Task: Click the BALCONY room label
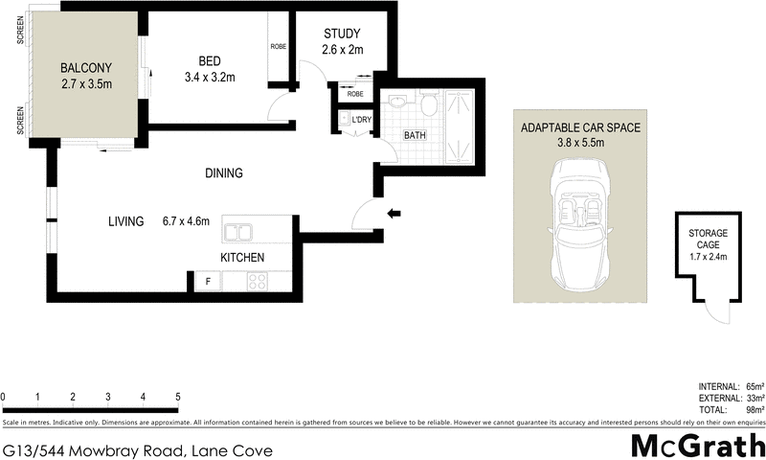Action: [86, 68]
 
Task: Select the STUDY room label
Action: [342, 34]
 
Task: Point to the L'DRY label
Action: [362, 120]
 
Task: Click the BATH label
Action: [414, 135]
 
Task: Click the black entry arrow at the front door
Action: [393, 214]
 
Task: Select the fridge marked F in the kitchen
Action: [208, 281]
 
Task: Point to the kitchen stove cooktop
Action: [258, 281]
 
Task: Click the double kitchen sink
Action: [237, 231]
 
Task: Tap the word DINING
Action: [223, 173]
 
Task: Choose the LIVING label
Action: [125, 221]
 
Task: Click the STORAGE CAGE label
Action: [709, 239]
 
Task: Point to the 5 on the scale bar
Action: [178, 396]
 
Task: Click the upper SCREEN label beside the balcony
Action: [20, 32]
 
